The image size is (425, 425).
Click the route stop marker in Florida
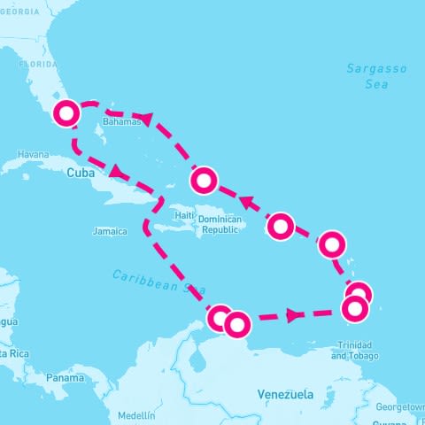(x=67, y=113)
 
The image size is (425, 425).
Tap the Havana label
(x=33, y=154)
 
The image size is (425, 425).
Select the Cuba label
(x=81, y=174)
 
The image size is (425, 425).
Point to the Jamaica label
(x=110, y=231)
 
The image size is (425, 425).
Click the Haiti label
(x=184, y=214)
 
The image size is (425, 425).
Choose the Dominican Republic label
(x=219, y=224)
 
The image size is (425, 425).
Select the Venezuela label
(x=285, y=392)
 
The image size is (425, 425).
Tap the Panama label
(x=65, y=378)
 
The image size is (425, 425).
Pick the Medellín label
(x=135, y=414)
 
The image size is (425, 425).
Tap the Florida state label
(x=38, y=65)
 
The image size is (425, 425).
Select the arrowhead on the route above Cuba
(x=116, y=169)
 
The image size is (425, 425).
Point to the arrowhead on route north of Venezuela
(x=291, y=315)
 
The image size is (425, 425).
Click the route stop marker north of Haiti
(x=204, y=182)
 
